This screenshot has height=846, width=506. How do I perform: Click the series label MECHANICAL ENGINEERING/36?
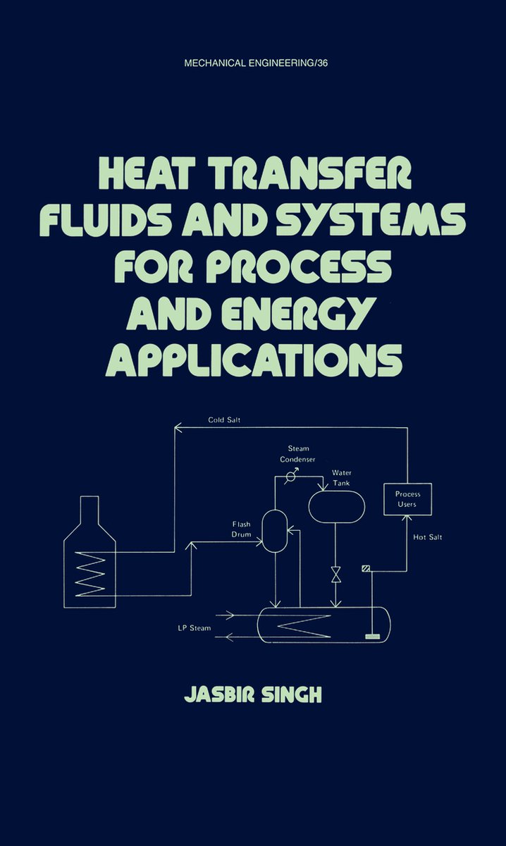256,63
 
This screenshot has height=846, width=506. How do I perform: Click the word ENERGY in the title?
297,314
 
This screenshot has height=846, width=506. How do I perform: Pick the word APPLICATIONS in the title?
254,360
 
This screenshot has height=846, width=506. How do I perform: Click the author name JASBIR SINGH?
253,694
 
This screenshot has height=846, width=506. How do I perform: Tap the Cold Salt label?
224,419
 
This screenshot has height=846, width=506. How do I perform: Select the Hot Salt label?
428,537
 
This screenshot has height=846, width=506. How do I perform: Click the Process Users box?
408,499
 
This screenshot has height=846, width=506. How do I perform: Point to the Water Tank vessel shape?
337,507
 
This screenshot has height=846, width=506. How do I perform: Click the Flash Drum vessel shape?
275,531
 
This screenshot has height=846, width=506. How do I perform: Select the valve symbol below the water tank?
335,575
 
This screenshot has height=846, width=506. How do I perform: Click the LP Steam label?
195,628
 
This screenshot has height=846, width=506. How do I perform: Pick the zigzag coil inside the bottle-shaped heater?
91,574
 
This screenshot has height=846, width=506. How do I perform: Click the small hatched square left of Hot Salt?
366,568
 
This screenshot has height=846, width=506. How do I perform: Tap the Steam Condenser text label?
298,454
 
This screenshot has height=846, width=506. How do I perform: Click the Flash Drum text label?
241,529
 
